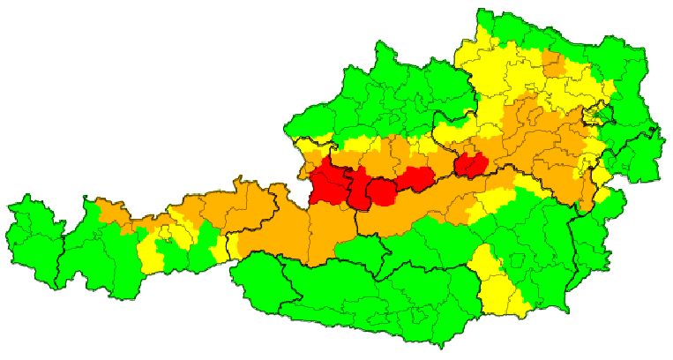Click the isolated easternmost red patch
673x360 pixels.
click(471, 164)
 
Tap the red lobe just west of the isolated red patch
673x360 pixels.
click(414, 179)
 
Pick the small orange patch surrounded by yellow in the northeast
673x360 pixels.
click(553, 64)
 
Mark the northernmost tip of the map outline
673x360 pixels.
click(482, 10)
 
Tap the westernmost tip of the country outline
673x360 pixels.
click(9, 207)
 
